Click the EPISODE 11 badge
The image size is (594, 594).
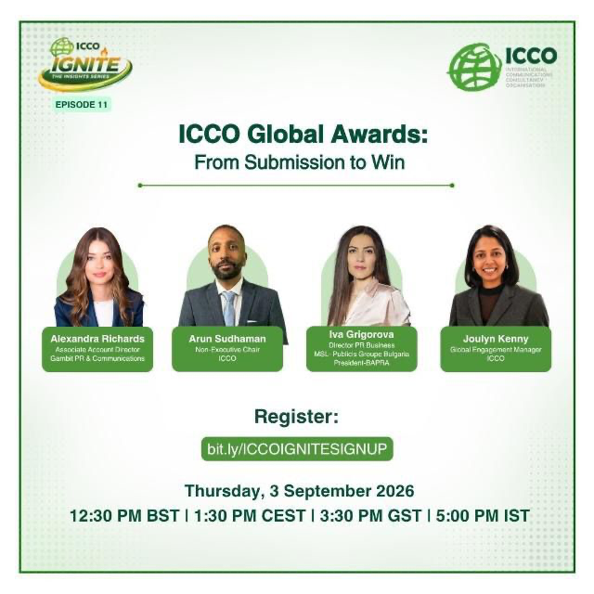(82, 105)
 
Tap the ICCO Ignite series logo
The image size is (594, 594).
(85, 64)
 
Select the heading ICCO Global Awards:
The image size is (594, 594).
(303, 135)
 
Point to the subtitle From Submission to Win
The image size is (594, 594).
(300, 162)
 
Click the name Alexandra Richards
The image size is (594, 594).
(97, 339)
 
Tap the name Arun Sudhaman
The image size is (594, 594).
(227, 339)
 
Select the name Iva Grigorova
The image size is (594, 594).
(361, 334)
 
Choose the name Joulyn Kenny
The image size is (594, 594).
(496, 339)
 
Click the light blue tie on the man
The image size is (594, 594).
(229, 308)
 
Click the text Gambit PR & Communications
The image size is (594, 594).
(97, 358)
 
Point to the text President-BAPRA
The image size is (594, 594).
(361, 363)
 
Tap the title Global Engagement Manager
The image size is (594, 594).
(496, 350)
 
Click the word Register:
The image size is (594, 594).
(296, 417)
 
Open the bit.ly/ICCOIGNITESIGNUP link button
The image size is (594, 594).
(297, 449)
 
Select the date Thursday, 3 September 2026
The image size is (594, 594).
(299, 491)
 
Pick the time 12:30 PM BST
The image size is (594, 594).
(124, 516)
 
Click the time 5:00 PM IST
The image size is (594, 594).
(483, 516)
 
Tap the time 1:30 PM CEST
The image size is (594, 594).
(250, 516)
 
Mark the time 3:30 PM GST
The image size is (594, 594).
(370, 516)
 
